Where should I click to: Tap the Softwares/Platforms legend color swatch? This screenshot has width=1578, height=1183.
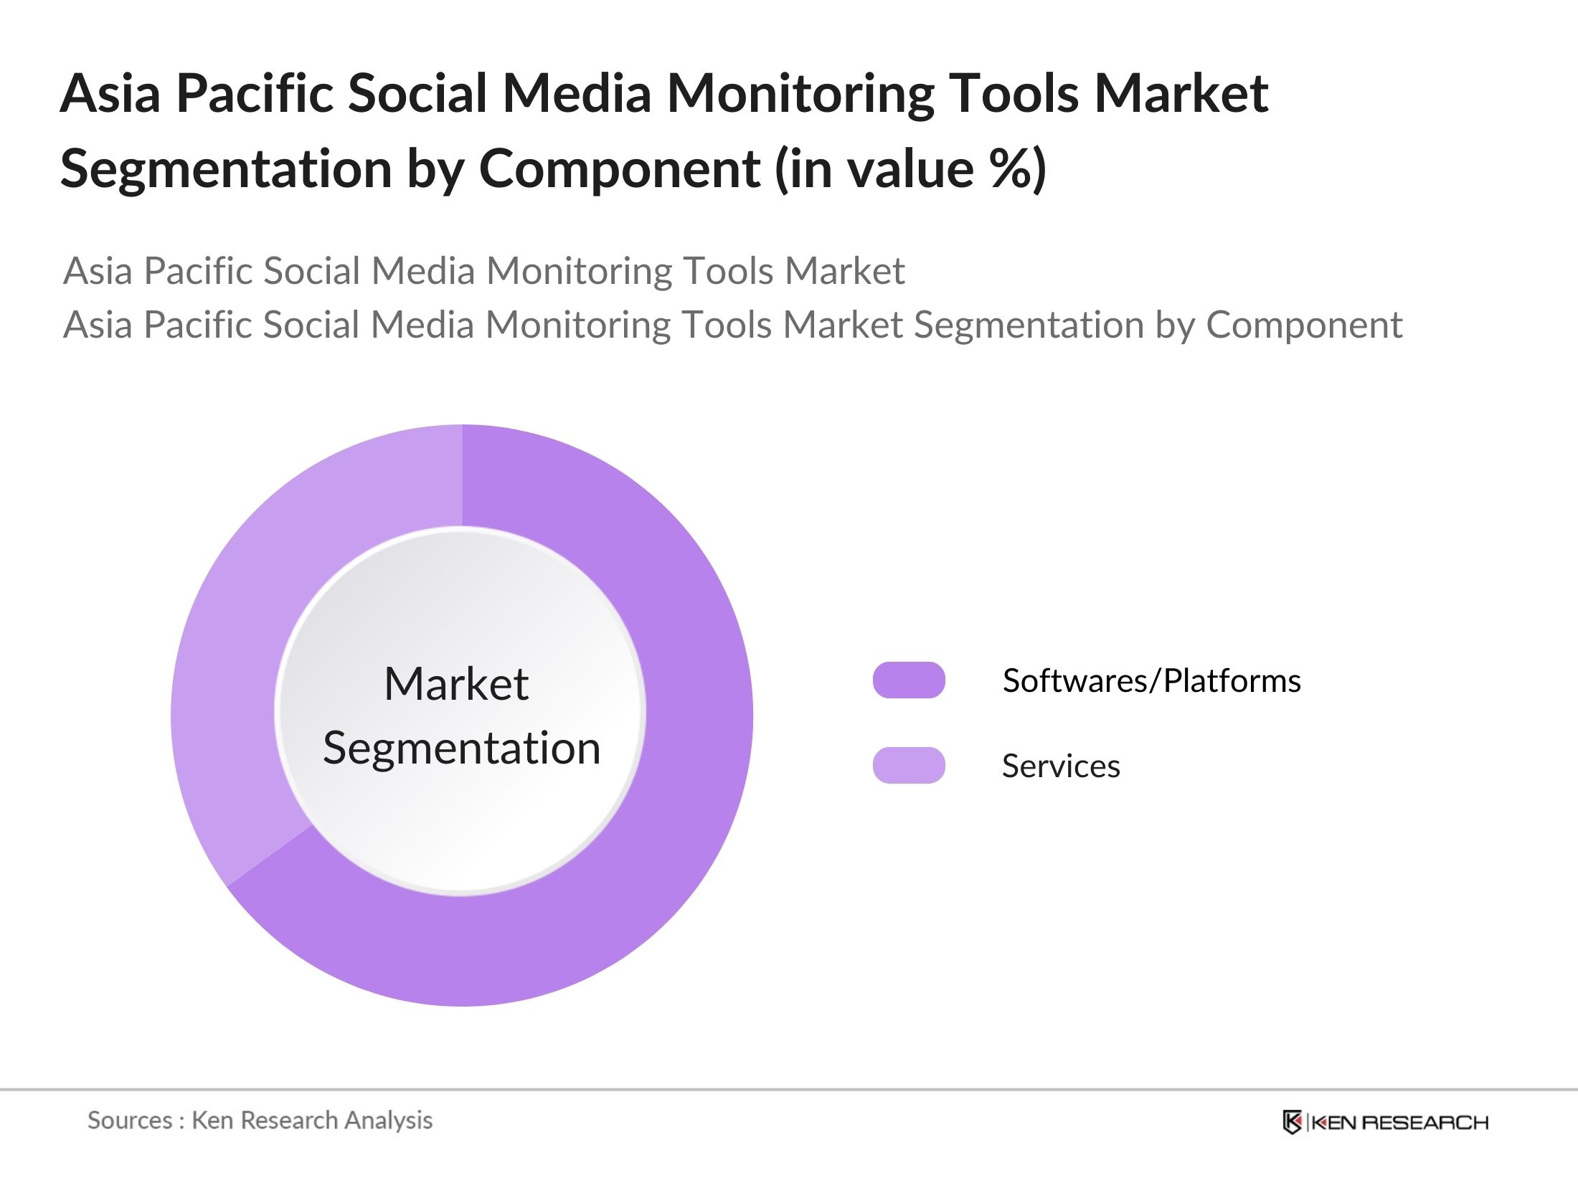point(908,680)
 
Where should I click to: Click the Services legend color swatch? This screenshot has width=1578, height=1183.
point(908,765)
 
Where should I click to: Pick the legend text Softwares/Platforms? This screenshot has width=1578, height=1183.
point(1151,680)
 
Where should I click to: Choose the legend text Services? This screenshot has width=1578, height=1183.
point(1060,766)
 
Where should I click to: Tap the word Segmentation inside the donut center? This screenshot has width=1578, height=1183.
point(461,748)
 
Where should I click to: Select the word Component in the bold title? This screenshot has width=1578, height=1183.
point(619,169)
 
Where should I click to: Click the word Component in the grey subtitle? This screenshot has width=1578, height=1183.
point(1303,324)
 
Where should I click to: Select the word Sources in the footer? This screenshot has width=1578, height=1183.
point(130,1120)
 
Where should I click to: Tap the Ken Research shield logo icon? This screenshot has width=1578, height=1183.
point(1292,1122)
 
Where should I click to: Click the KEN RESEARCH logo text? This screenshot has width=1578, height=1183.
point(1399,1122)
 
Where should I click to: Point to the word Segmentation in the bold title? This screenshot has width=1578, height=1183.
point(225,169)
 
